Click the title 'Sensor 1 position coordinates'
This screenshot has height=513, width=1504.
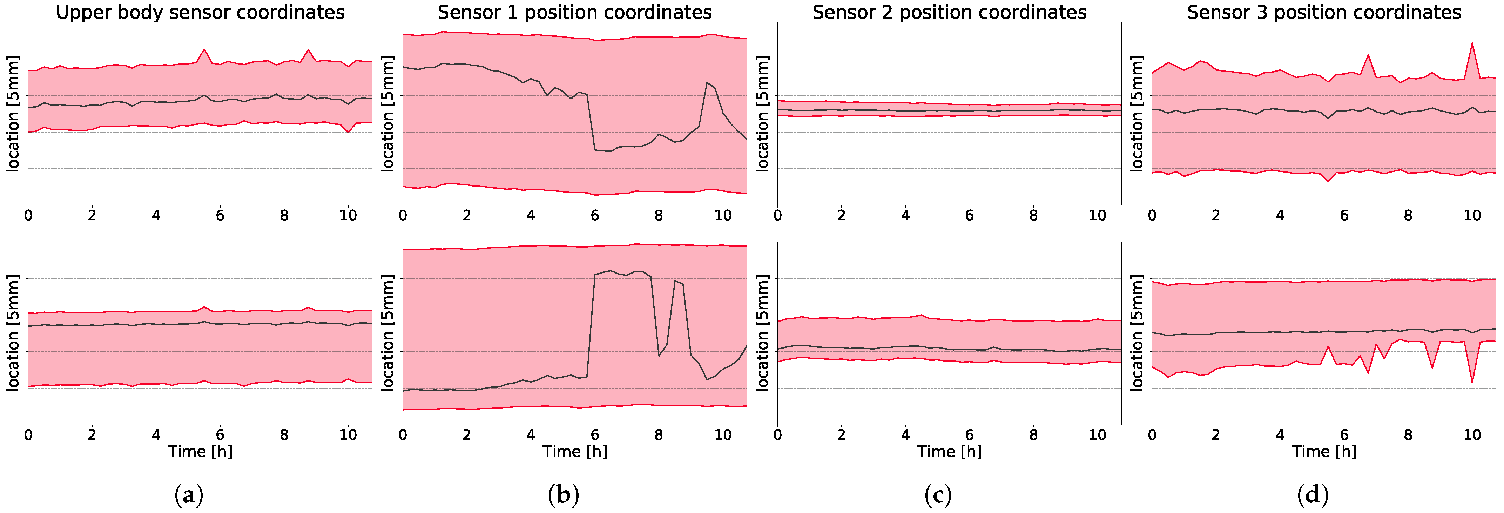click(x=574, y=12)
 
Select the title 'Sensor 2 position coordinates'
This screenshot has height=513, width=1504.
click(x=949, y=12)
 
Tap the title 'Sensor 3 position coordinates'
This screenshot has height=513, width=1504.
click(x=1324, y=12)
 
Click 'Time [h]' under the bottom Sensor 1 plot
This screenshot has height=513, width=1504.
click(x=574, y=451)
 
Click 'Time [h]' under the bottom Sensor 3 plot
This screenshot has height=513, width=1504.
click(x=1324, y=451)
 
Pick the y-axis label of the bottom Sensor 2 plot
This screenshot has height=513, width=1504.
click(x=762, y=333)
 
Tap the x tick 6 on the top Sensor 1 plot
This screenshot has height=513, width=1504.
click(x=594, y=215)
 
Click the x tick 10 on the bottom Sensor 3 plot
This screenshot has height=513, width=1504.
click(x=1472, y=435)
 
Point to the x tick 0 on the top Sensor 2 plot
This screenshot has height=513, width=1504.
click(x=777, y=215)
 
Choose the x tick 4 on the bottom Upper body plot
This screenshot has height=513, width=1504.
click(x=156, y=435)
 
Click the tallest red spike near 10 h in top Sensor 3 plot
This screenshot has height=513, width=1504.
click(x=1472, y=43)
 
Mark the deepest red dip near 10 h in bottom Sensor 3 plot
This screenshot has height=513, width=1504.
click(x=1472, y=382)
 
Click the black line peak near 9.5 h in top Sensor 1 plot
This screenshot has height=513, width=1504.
click(x=707, y=83)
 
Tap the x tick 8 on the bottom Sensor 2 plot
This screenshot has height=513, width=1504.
click(x=1033, y=435)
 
